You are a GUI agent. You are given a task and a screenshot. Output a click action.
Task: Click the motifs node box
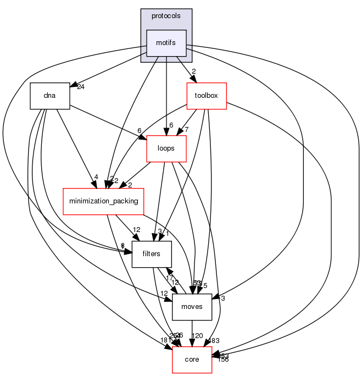[166, 43]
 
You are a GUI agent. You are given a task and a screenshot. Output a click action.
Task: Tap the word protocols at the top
[166, 16]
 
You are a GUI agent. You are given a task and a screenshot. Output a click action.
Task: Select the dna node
[50, 95]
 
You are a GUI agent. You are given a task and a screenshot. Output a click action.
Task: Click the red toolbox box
[207, 96]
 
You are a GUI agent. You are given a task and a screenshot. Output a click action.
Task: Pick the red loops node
[166, 148]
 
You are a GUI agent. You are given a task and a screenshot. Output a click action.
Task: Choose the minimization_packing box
[103, 201]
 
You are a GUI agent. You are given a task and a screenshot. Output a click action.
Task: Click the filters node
[152, 254]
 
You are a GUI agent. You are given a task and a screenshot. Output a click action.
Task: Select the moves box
[192, 307]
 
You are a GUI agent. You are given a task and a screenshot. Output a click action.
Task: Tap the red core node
[192, 359]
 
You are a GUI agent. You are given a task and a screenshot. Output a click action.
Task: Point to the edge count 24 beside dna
[81, 87]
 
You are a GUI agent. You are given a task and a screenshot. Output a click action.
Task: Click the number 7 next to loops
[187, 130]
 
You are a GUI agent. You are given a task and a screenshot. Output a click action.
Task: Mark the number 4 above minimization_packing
[96, 177]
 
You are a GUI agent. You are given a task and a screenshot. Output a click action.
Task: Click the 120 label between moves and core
[197, 335]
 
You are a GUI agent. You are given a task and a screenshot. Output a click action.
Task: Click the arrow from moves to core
[192, 333]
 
